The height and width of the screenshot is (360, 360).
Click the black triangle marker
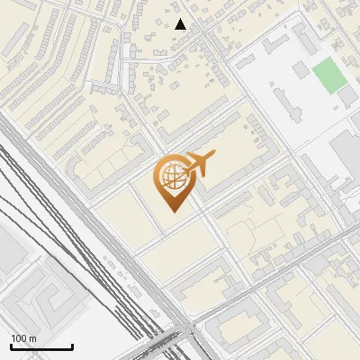point(182,24)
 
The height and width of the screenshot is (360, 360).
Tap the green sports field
point(329,76)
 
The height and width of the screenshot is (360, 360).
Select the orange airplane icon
point(200,165)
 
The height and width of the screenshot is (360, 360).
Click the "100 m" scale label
point(23,338)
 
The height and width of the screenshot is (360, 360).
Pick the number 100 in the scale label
point(19,338)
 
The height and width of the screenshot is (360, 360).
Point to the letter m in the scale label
point(32,338)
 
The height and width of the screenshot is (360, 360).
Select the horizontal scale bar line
point(41,347)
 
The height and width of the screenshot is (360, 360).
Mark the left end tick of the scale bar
point(11,346)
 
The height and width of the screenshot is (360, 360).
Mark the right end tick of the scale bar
point(72,346)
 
